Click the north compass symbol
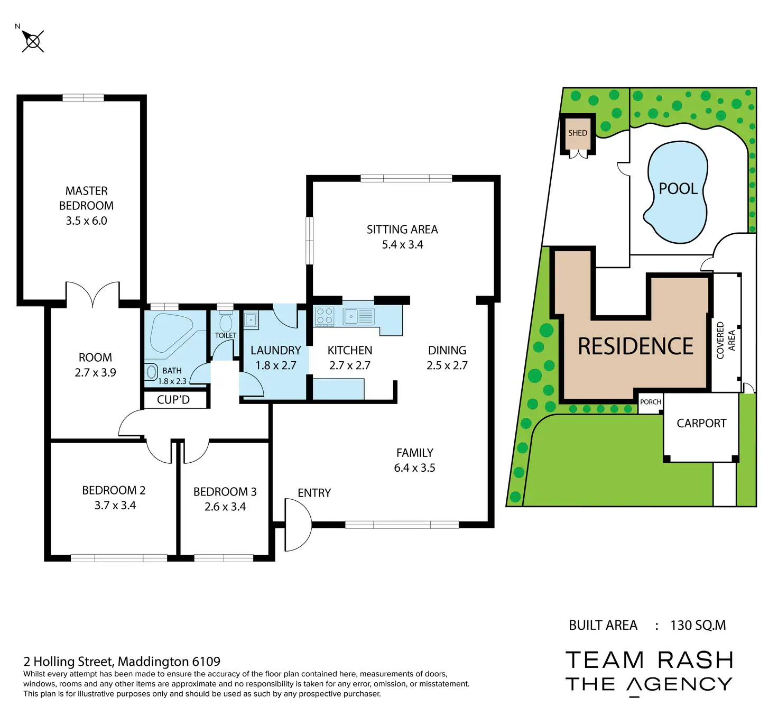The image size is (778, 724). click(33, 41)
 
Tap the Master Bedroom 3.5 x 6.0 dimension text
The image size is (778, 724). click(86, 221)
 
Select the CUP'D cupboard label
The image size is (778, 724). click(173, 400)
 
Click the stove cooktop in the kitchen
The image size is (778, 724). click(324, 316)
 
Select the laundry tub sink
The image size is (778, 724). click(251, 320)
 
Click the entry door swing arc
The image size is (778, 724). click(298, 525)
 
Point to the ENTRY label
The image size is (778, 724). click(314, 493)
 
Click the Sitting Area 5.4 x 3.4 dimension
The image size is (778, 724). click(402, 245)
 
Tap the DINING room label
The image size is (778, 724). click(447, 350)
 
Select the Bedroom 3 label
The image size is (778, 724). click(225, 492)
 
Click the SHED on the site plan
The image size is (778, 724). click(578, 133)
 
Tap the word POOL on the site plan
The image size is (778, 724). click(678, 189)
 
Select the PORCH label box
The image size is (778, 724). click(650, 402)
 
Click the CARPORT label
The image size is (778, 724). click(701, 423)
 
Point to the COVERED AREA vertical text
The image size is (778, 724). click(726, 340)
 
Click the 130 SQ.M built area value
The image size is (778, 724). click(698, 625)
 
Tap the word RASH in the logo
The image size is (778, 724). click(696, 660)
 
